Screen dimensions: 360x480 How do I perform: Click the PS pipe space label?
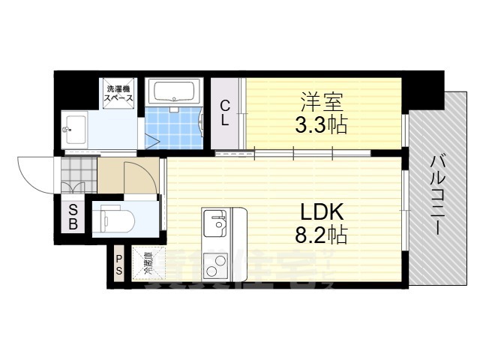pos(118,265)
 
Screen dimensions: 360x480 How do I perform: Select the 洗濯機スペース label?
pos(118,93)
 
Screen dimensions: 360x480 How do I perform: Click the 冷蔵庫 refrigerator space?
pos(148,265)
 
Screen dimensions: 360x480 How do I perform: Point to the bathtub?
pos(173,93)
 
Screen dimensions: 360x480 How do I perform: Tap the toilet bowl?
pos(119,220)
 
